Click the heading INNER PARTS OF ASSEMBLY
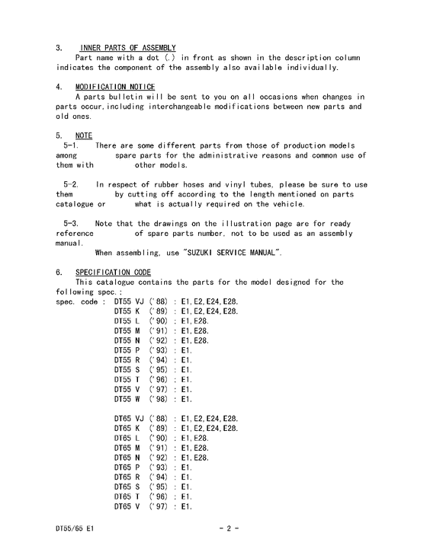coord(126,48)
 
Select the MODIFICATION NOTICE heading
coord(115,87)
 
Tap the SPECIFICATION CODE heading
coord(114,272)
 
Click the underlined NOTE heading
coord(84,136)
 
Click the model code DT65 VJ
coord(129,418)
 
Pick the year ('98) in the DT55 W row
coord(159,398)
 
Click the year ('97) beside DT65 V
coord(159,506)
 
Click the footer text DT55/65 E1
coord(74,528)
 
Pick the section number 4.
coord(59,87)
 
